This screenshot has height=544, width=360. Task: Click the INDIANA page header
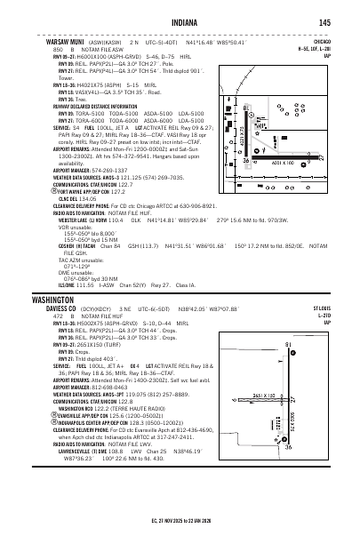[179, 23]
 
